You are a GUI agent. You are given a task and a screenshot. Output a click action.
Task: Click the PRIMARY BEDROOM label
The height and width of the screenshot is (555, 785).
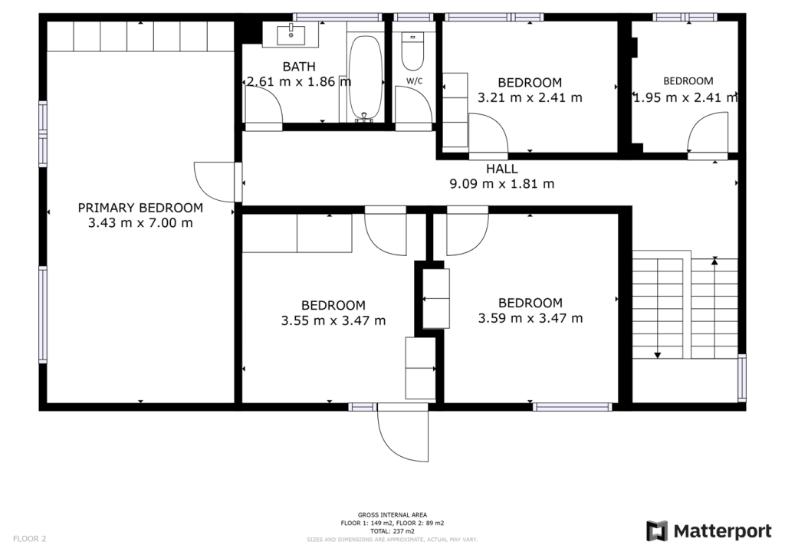pyautogui.click(x=140, y=208)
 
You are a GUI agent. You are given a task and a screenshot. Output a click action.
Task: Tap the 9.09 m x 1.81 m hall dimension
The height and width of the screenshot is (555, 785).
pyautogui.click(x=501, y=184)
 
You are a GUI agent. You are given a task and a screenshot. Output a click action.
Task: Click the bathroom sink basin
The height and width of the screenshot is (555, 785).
pyautogui.click(x=291, y=34)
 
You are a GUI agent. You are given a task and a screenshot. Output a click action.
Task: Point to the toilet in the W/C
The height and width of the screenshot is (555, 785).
pyautogui.click(x=412, y=51)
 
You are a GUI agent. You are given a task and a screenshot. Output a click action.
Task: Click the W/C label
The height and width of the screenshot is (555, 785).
pyautogui.click(x=415, y=80)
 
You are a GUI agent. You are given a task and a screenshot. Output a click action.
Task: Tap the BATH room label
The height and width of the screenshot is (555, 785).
pyautogui.click(x=299, y=67)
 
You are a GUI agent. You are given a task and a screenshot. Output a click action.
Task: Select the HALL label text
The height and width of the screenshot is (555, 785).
pyautogui.click(x=501, y=169)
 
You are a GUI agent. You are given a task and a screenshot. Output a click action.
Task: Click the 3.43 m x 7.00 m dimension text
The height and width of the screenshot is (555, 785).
pyautogui.click(x=140, y=223)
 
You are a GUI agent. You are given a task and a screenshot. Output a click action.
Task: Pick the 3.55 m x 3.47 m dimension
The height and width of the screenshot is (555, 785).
pyautogui.click(x=333, y=320)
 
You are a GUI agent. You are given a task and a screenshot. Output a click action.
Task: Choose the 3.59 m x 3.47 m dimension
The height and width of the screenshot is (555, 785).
pyautogui.click(x=530, y=318)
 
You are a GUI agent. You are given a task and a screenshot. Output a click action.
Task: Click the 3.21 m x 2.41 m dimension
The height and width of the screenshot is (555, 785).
pyautogui.click(x=530, y=97)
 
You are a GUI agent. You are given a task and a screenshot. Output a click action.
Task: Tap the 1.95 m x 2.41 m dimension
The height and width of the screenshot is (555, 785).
pyautogui.click(x=685, y=97)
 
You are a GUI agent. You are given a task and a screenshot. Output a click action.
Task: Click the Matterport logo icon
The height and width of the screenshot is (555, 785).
pyautogui.click(x=657, y=531)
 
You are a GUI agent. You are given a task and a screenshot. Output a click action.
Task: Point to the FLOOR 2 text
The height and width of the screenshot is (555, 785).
pyautogui.click(x=30, y=539)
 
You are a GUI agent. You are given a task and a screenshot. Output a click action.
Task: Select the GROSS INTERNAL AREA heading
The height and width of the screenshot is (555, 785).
pyautogui.click(x=392, y=515)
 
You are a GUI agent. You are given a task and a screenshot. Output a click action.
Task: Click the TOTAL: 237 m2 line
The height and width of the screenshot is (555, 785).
pyautogui.click(x=392, y=531)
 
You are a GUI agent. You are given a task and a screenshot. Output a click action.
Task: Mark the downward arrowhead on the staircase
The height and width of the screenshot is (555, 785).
pyautogui.click(x=657, y=356)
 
